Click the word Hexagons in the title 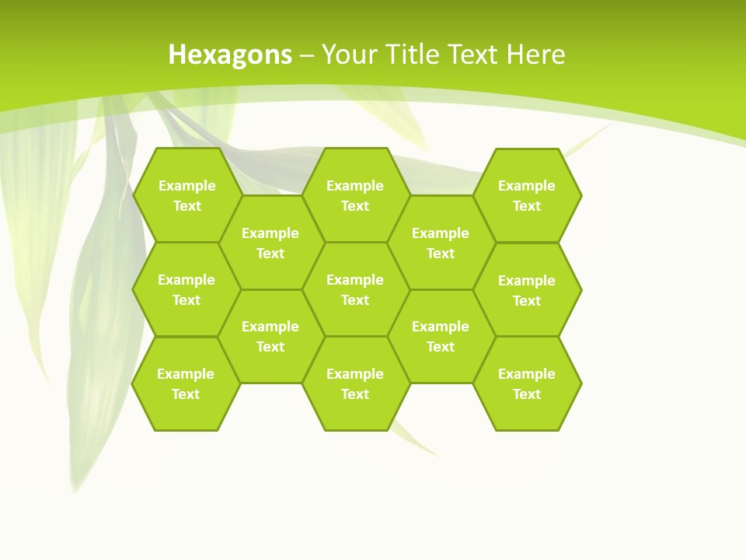click(x=230, y=55)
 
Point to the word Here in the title click(x=535, y=55)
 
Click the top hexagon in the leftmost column click(x=186, y=195)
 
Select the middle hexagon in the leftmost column click(x=186, y=289)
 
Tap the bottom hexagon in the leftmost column click(x=186, y=383)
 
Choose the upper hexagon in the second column click(x=270, y=243)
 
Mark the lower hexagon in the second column click(x=270, y=336)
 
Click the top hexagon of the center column click(x=355, y=195)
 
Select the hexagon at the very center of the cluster click(x=355, y=289)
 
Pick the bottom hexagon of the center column click(x=355, y=383)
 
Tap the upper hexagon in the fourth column click(x=441, y=243)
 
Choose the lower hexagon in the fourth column click(x=441, y=336)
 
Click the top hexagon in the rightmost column click(x=527, y=195)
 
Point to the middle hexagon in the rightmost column click(x=527, y=290)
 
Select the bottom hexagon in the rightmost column click(x=527, y=383)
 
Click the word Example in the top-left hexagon click(x=186, y=186)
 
